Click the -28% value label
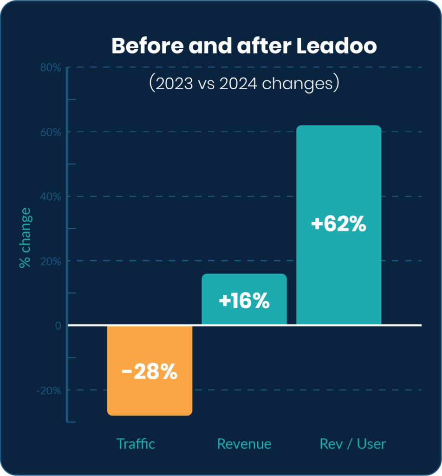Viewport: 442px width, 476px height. (x=149, y=372)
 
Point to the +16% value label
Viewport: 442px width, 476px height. (x=244, y=301)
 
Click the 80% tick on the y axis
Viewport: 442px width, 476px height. (x=50, y=68)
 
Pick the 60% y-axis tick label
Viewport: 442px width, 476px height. (x=50, y=132)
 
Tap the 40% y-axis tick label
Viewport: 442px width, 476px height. (x=50, y=197)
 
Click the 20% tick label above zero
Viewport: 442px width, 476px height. (x=50, y=261)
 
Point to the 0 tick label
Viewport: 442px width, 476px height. (x=58, y=326)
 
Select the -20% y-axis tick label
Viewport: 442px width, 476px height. (x=48, y=390)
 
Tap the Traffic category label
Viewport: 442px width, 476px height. (x=136, y=443)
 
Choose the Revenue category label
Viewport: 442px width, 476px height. (x=244, y=443)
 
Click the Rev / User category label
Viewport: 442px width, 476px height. (x=353, y=443)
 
